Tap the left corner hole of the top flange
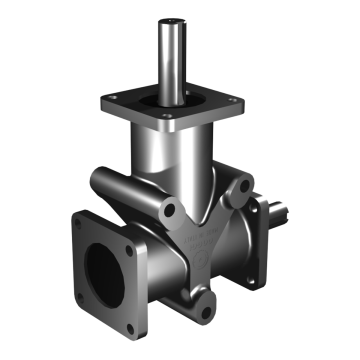(x=112, y=99)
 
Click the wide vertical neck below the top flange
(x=180, y=160)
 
